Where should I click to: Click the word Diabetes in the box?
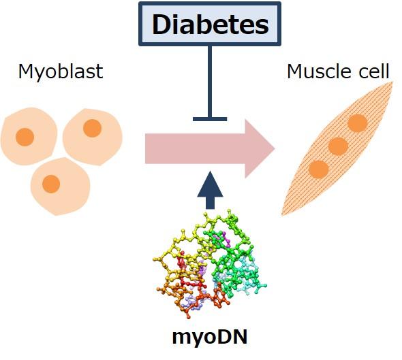point(211,24)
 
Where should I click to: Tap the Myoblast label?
point(61,71)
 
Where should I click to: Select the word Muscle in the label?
point(318,71)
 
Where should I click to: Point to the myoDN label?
point(210,338)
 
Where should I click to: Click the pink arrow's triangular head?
point(260,148)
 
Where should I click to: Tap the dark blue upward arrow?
point(210,190)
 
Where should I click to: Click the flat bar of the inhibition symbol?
point(210,119)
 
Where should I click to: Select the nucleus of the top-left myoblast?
point(25,137)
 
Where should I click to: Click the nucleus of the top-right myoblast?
point(92,128)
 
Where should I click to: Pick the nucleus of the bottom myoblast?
point(51,184)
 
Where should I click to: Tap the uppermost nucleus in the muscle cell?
point(358,123)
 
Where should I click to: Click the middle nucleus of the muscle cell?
point(339,146)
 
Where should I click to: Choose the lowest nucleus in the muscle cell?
point(319,169)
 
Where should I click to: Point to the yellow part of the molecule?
point(179,253)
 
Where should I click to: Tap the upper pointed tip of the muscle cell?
point(392,82)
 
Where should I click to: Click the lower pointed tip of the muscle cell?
point(282,215)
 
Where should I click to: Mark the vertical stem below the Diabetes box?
point(210,82)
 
